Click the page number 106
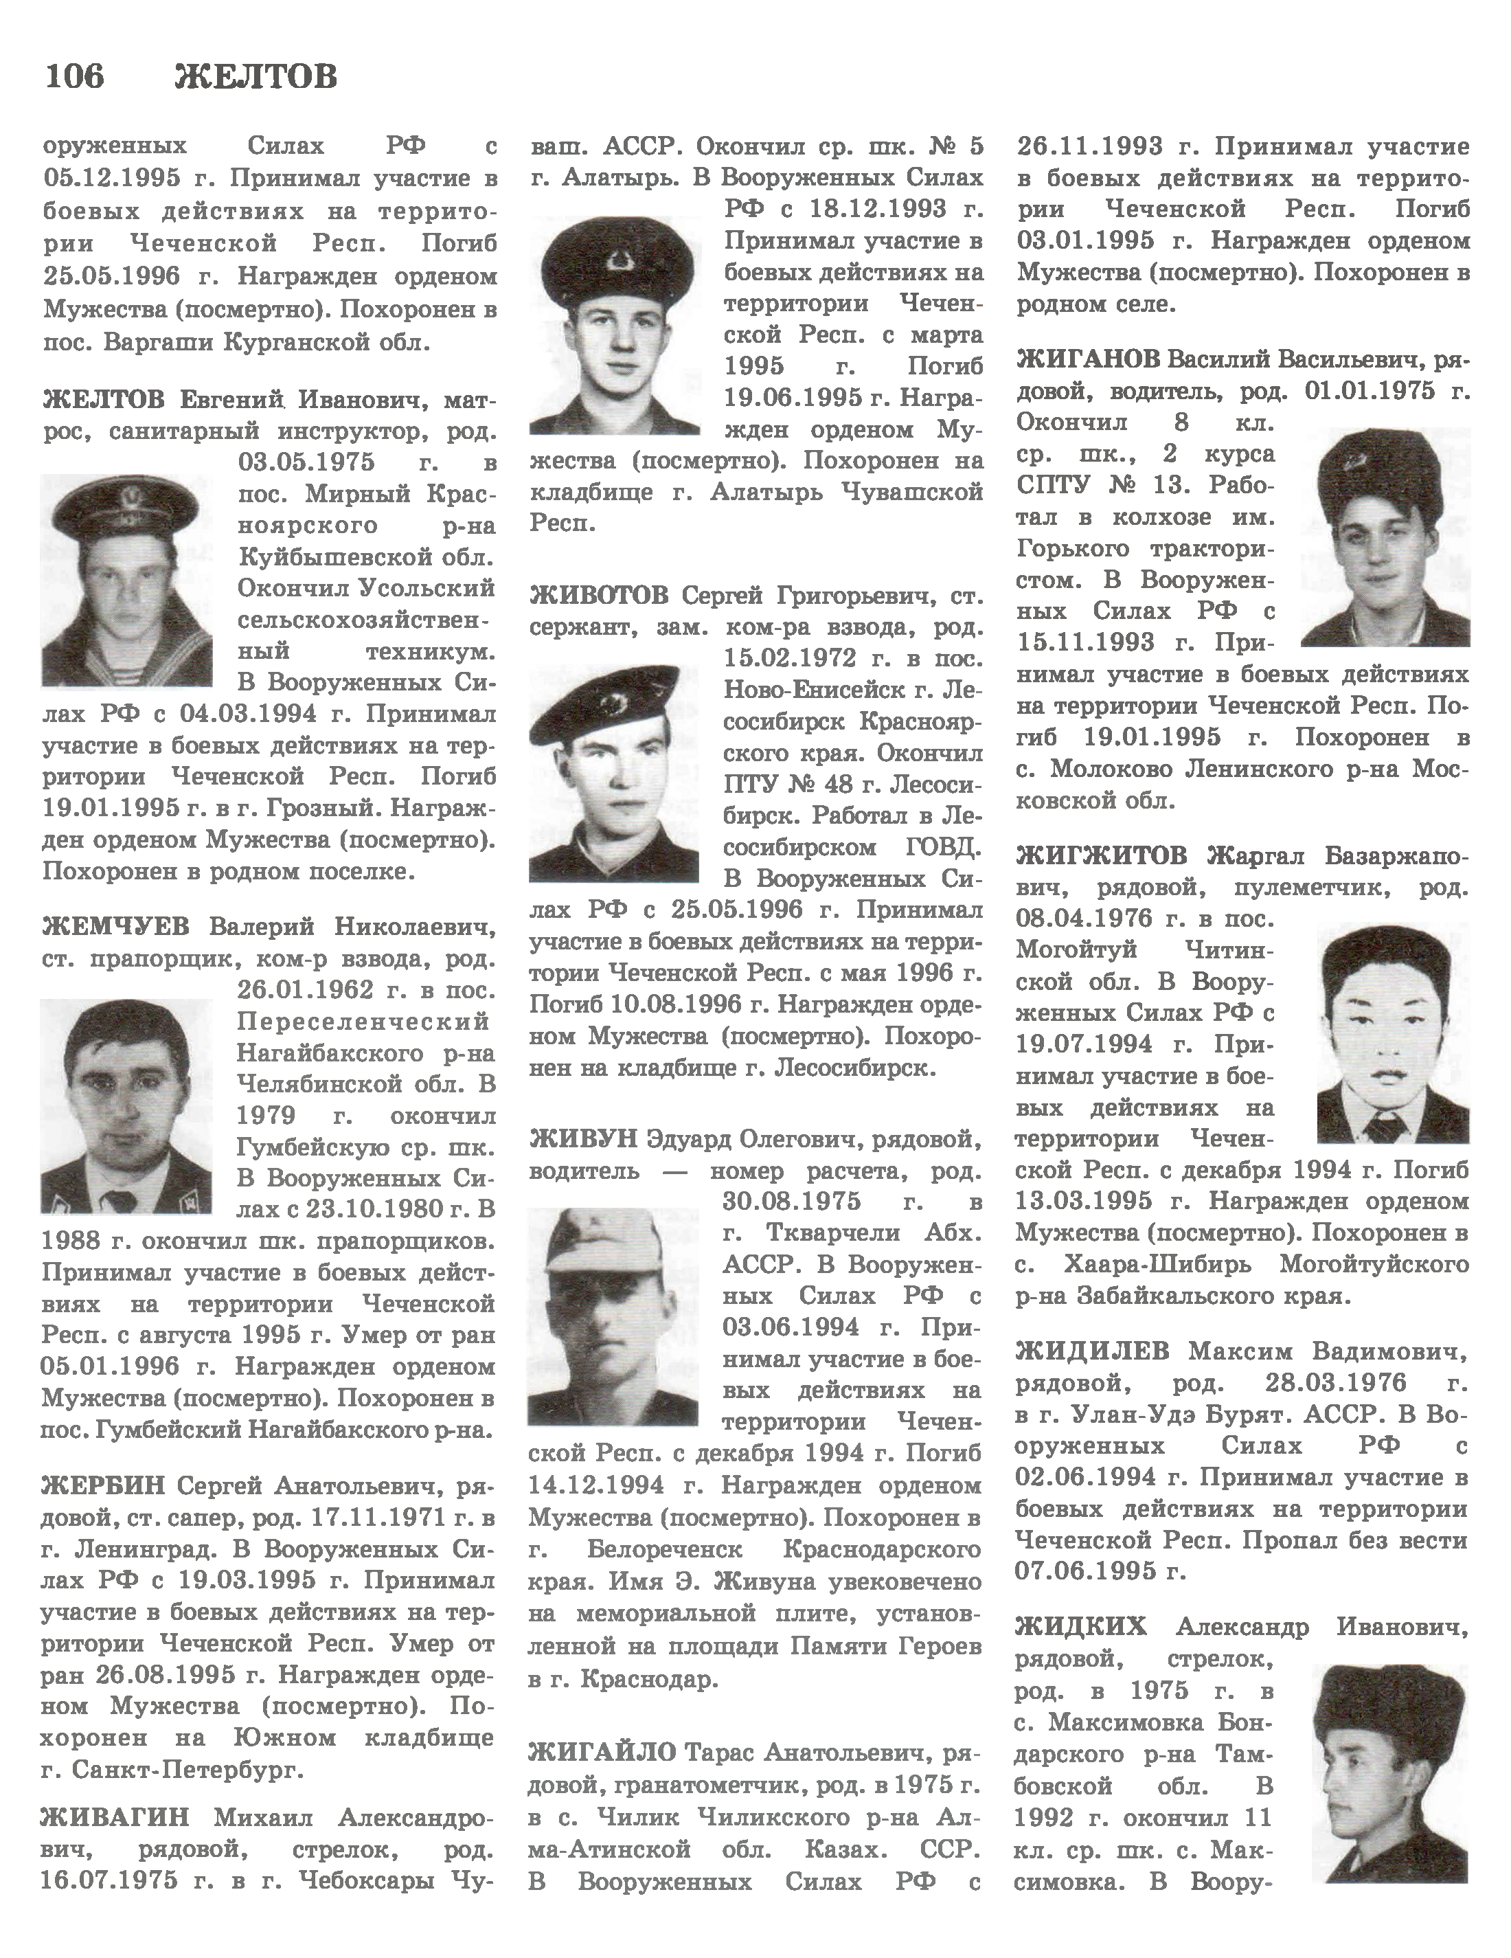pos(73,76)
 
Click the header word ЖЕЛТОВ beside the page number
pos(255,77)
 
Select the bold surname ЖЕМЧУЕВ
pos(115,926)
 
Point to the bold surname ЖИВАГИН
pos(115,1817)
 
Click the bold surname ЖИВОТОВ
pos(599,595)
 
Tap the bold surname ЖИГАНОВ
pos(1088,359)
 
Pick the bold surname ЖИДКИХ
pos(1081,1626)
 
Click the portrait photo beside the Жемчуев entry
pos(126,1106)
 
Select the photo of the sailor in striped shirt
pos(126,580)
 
